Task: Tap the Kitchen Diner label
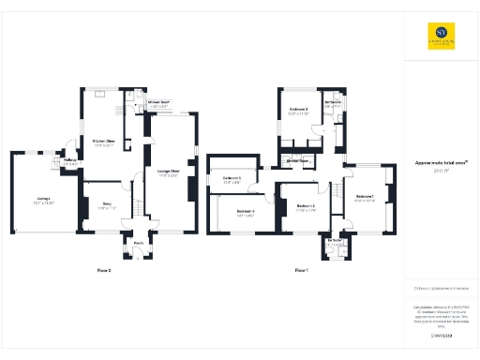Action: click(103, 142)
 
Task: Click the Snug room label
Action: click(107, 203)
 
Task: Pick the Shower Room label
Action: click(158, 102)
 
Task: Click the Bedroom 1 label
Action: click(365, 198)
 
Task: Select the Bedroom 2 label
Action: click(306, 205)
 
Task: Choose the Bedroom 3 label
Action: click(298, 111)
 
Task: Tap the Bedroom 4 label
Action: click(246, 212)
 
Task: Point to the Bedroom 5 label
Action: click(232, 178)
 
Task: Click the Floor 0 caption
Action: click(103, 270)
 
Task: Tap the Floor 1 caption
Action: click(301, 270)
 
